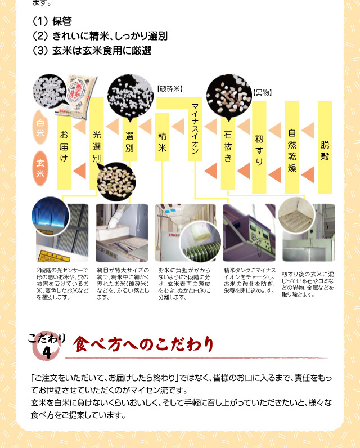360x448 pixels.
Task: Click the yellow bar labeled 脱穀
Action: point(325,147)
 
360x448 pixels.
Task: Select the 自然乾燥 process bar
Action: point(292,147)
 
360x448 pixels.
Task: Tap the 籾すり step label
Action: point(259,147)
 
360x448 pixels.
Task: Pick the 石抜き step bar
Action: point(228,151)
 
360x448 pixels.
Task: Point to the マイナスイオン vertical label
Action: point(195,129)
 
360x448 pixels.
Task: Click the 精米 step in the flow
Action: point(162,137)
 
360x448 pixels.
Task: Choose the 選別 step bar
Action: point(129,140)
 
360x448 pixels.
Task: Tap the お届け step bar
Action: point(64,152)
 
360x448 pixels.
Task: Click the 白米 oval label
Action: point(40,127)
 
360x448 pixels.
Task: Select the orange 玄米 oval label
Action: point(40,168)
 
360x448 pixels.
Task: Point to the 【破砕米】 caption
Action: point(170,89)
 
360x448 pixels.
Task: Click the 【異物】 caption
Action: point(262,92)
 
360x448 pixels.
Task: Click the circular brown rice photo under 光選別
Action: point(116,181)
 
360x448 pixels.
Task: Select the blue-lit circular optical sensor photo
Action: point(51,216)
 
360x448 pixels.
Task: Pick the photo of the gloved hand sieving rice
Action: point(122,233)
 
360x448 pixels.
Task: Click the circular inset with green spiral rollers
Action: point(200,241)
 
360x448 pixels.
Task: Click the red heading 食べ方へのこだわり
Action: point(143,344)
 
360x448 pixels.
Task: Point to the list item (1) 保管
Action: point(52,21)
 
